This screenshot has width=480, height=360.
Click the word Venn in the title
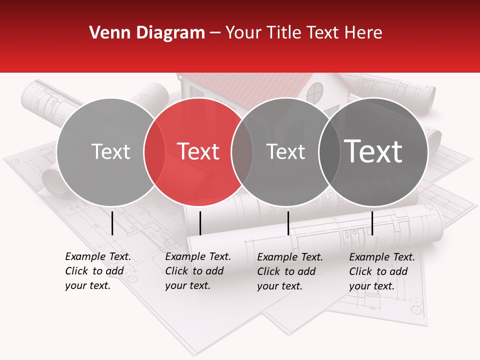106,33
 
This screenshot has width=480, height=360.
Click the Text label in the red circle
198,151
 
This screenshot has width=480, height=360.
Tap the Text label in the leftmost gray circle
110,151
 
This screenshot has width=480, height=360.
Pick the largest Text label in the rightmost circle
373,151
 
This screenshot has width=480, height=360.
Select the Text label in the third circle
285,151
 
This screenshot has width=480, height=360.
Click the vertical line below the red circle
200,223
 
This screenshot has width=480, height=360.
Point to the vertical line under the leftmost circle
112,223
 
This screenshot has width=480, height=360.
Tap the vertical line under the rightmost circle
372,223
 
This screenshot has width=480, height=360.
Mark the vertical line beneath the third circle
288,223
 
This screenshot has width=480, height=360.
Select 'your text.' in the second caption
187,286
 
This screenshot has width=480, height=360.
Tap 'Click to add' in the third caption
286,271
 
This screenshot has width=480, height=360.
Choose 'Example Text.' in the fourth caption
382,257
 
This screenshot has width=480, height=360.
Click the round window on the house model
314,92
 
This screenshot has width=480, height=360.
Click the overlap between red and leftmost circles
154,151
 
